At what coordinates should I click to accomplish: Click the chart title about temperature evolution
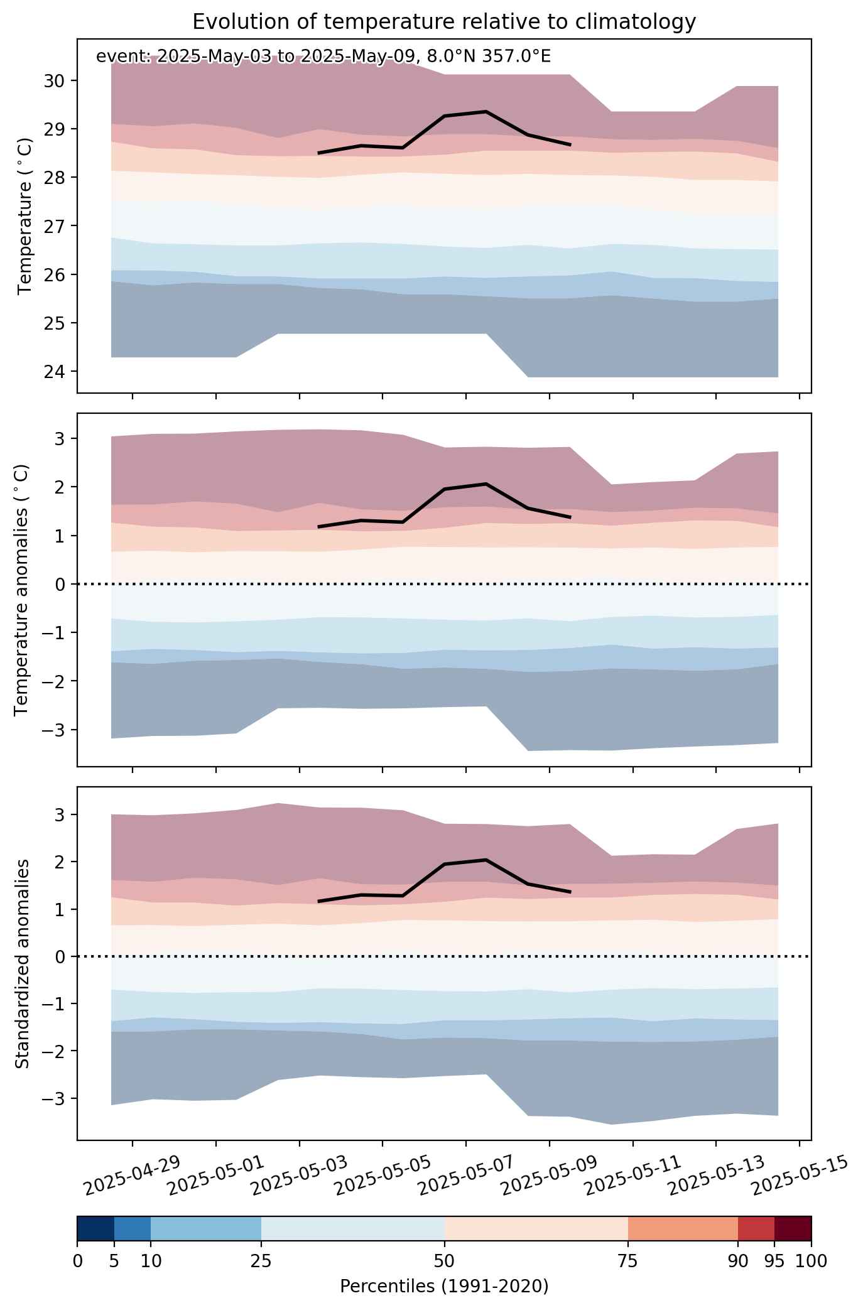tap(444, 22)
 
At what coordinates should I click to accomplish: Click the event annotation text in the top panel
tap(323, 57)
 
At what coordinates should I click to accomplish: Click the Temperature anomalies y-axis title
tap(22, 590)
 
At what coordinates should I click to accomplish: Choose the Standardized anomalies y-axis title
tap(22, 963)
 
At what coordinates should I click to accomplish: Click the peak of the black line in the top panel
tap(486, 111)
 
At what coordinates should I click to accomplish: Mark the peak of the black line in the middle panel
tap(486, 484)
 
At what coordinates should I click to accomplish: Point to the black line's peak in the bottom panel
tap(486, 860)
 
